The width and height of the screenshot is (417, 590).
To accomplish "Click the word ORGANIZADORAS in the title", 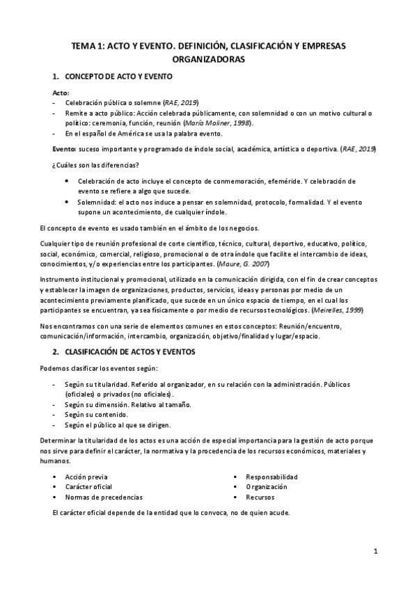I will coord(207,61).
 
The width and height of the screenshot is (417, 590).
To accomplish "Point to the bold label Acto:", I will coord(61,92).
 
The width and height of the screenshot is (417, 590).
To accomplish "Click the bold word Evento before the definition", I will coord(67,149).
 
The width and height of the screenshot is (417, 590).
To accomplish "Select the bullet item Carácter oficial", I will coord(88,487).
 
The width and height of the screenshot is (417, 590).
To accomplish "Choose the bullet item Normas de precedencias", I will coord(104,497).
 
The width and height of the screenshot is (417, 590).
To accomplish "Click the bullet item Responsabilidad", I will coord(271,477).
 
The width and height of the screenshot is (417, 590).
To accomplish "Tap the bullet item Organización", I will coord(267,487).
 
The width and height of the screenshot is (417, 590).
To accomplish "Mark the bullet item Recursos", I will coord(260,497).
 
